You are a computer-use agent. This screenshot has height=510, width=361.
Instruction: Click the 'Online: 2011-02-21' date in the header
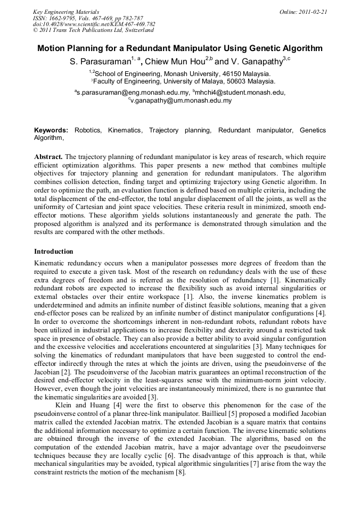coord(303,11)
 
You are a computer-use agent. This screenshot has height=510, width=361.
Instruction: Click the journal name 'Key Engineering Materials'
coord(66,11)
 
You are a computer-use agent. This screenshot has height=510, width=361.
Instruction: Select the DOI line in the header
coord(94,24)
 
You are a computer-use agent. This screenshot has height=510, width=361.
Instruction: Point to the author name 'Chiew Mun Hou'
coord(178,62)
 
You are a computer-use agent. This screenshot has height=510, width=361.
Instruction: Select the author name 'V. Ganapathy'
coord(257,62)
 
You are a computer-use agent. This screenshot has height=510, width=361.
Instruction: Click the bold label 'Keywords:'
coord(51,130)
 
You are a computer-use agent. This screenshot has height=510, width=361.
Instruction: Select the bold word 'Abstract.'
coord(48,157)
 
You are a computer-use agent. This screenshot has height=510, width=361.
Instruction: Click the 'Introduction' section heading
coord(54,251)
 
